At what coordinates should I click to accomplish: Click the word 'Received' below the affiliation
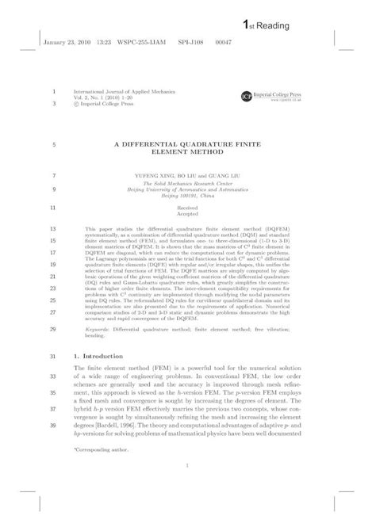pos(188,208)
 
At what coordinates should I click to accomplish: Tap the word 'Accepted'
pos(188,215)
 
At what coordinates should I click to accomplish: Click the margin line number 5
pos(52,145)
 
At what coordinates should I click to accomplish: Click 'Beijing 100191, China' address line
pos(188,195)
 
